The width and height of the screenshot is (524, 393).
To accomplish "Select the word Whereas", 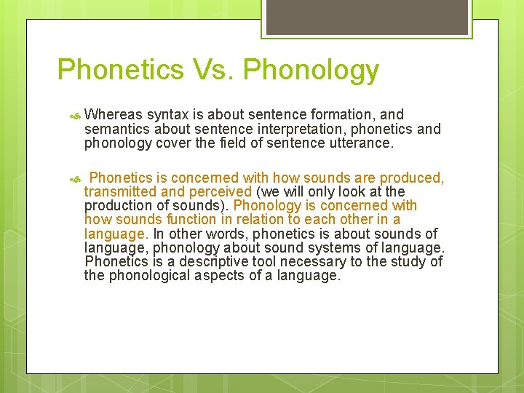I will pos(113,114).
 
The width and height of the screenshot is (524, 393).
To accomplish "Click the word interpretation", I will pos(272,129).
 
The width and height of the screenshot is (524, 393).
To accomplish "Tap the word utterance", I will pos(359,143).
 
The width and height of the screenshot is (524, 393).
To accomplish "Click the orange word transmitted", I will pos(120,191).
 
